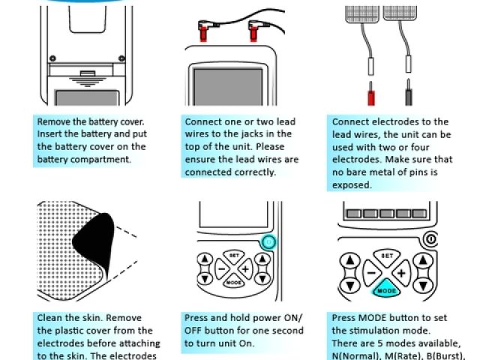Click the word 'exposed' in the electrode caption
pyautogui.click(x=351, y=184)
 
